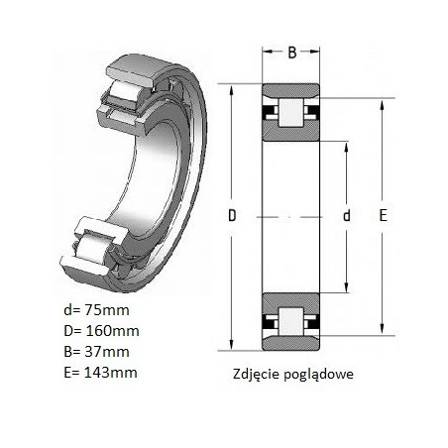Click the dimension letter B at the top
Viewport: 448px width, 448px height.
(x=292, y=53)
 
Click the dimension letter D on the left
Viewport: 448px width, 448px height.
(x=232, y=215)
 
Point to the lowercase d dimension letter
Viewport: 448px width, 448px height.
(x=347, y=215)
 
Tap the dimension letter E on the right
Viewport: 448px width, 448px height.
(x=383, y=215)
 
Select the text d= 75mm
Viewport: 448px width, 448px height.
(x=96, y=310)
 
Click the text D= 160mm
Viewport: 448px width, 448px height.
(x=101, y=331)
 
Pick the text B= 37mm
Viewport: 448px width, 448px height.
(x=96, y=352)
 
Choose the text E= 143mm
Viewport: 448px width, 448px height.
(x=100, y=373)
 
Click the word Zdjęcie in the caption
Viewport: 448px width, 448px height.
(x=257, y=375)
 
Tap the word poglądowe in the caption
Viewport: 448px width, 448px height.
(x=319, y=375)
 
